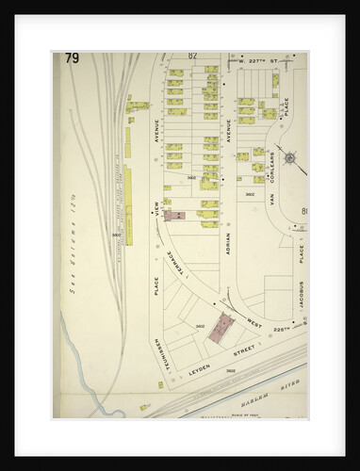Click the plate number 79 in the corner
[72, 59]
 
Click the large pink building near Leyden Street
[221, 328]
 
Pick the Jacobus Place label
[300, 267]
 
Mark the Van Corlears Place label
[270, 179]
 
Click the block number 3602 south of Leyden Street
[230, 370]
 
